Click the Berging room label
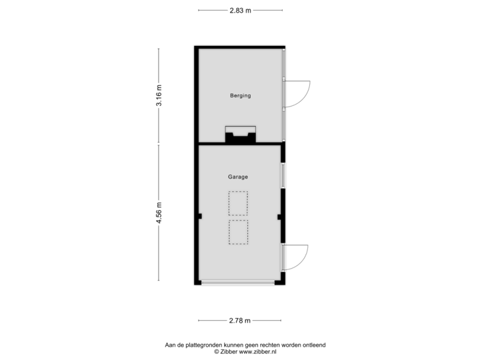pos(240,96)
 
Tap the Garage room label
pos(238,177)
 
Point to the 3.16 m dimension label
pos(159,96)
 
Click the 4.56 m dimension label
pos(159,213)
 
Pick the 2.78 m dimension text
pos(240,321)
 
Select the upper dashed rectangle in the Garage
pos(238,203)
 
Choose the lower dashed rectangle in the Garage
pos(238,232)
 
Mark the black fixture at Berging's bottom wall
pos(240,137)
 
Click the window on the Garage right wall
pos(283,175)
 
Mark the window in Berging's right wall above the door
pos(285,65)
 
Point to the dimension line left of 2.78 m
pos(212,321)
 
